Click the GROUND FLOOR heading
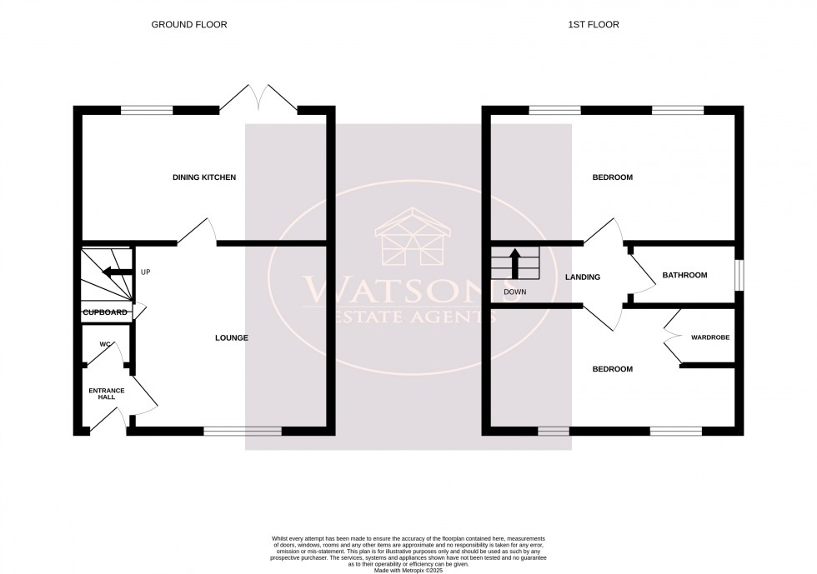click(188, 25)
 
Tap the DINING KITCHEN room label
click(204, 177)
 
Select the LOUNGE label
click(232, 337)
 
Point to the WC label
click(105, 344)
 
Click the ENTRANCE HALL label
click(107, 393)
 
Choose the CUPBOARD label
click(105, 312)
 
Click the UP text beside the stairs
click(145, 272)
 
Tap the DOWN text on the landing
click(514, 292)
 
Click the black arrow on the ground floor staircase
click(116, 272)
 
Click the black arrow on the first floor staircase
click(515, 263)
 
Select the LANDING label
click(582, 277)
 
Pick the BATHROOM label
click(684, 275)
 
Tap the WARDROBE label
click(709, 337)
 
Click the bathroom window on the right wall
click(739, 276)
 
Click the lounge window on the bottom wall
click(243, 431)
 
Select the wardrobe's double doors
click(672, 337)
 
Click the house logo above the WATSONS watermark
click(408, 237)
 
